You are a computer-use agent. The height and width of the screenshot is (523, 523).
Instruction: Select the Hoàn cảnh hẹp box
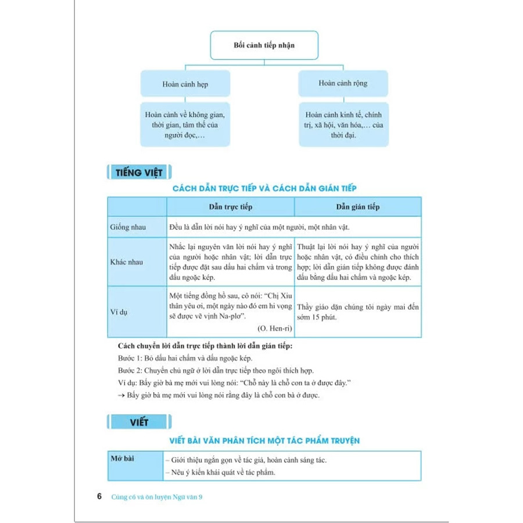coord(185,84)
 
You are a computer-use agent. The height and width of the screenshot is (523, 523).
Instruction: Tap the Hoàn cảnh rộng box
coord(343,84)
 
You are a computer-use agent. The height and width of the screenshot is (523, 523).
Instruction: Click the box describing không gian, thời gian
coord(185,124)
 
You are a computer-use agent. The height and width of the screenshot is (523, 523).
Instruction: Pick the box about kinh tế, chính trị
coord(343,124)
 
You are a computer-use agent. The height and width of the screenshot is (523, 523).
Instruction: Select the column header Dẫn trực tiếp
coord(230,207)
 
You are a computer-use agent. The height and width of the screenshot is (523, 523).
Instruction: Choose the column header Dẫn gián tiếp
coord(358,207)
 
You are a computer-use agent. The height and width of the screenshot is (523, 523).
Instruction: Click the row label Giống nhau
coord(128,227)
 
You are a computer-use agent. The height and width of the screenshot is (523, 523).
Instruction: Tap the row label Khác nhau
coord(127,262)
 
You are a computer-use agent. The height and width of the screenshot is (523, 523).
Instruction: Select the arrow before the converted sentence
coord(121,395)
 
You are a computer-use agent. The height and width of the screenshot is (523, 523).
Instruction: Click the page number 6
coord(99,497)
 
